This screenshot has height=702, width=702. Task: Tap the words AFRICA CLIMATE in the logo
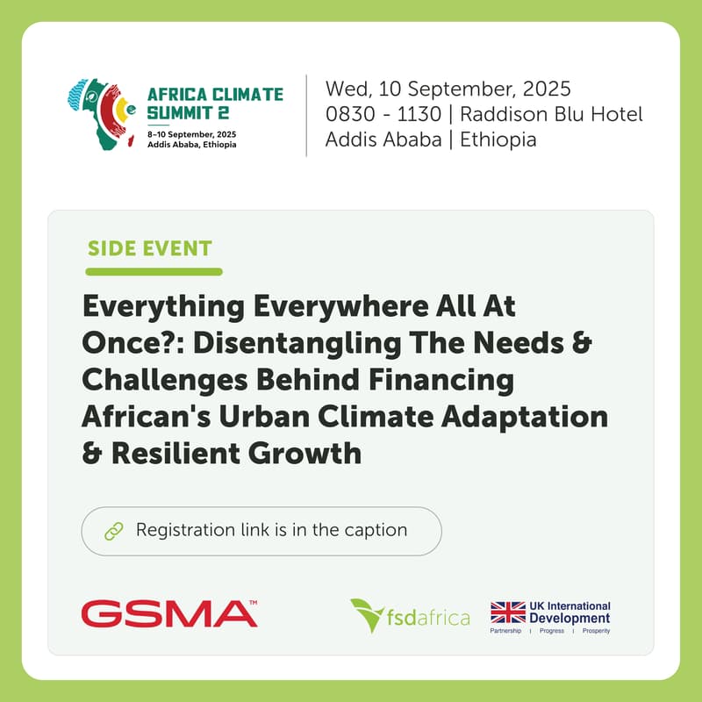[x=215, y=94]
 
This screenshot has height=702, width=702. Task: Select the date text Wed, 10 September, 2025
[x=448, y=90]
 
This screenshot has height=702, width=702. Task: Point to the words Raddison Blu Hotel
[x=551, y=114]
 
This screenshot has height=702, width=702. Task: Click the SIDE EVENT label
[x=149, y=247]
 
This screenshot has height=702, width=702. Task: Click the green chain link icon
[x=113, y=531]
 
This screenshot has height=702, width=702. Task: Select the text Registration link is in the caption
[x=271, y=530]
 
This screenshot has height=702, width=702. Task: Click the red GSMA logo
[x=169, y=613]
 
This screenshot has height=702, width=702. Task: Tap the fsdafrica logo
[x=410, y=615]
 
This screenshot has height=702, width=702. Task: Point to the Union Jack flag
[x=507, y=615]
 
